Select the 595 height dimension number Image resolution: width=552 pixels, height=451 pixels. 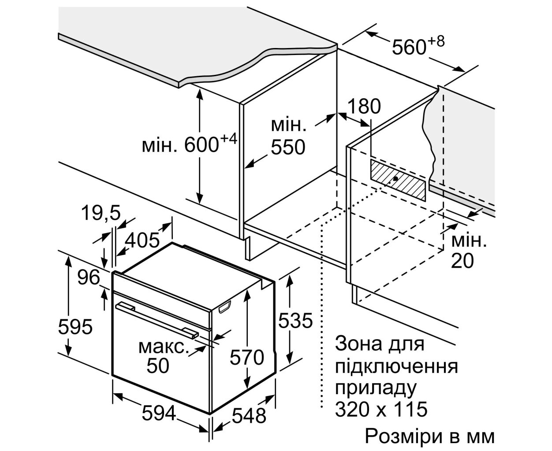[x=75, y=326]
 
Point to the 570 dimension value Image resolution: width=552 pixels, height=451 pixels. [x=247, y=358]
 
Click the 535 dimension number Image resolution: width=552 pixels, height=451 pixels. [x=295, y=320]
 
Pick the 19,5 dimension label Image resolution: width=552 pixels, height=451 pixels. [x=101, y=213]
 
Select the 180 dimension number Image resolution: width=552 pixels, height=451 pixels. [x=364, y=107]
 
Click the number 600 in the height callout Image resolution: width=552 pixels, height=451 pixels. [x=201, y=144]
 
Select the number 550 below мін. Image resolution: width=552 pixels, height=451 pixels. [x=288, y=148]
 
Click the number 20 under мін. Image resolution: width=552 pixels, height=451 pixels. [x=462, y=261]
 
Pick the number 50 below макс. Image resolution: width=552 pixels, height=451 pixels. [x=158, y=366]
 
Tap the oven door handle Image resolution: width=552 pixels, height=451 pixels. [x=157, y=320]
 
